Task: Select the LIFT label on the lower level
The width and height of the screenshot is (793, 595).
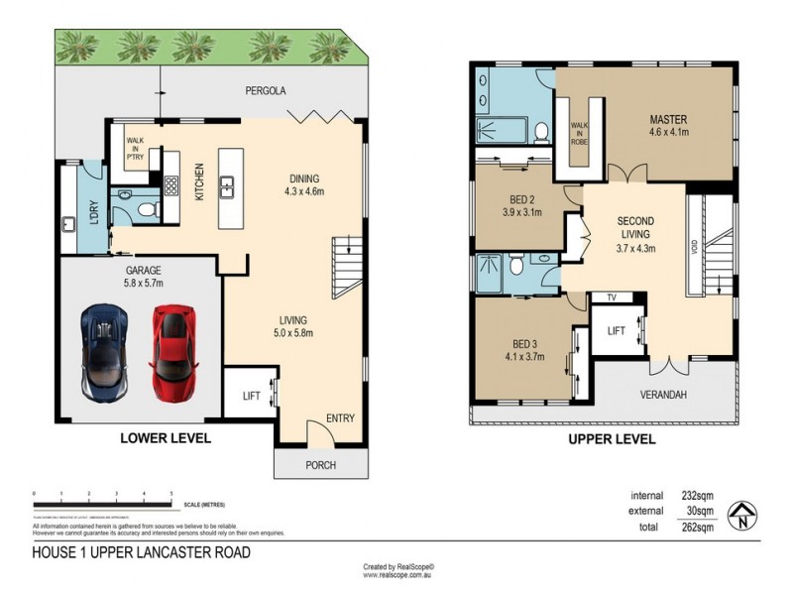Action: tap(252, 396)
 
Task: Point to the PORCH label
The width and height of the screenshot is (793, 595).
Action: tap(320, 465)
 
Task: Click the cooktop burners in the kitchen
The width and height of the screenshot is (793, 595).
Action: tap(170, 185)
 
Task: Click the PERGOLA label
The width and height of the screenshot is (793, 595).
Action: tap(266, 90)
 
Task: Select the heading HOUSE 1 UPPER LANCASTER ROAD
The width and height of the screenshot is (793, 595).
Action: tap(142, 552)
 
